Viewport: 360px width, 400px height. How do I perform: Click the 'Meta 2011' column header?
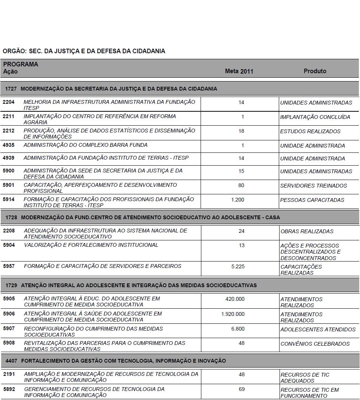(x=239, y=71)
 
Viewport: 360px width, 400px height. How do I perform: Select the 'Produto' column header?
(x=315, y=71)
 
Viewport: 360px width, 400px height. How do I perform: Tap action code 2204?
(x=8, y=102)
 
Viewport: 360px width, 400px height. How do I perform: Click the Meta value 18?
(x=241, y=131)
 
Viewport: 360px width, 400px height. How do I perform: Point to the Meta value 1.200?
(x=238, y=200)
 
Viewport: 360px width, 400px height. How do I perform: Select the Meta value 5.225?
(x=238, y=266)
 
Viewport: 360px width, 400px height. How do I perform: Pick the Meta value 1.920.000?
(x=233, y=314)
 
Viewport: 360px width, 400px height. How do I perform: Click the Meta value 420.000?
(x=235, y=299)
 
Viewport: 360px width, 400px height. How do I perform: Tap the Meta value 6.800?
(x=238, y=329)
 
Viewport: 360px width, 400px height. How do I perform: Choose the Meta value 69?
(x=242, y=389)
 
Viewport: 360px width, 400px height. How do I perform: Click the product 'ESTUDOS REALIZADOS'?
(x=310, y=131)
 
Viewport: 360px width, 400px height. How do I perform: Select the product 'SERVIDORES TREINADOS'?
(x=314, y=186)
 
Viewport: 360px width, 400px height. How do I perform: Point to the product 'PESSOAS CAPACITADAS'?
(x=312, y=200)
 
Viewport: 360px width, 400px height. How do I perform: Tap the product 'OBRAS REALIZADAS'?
(x=307, y=231)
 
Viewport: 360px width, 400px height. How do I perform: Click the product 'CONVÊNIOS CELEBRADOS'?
(x=315, y=344)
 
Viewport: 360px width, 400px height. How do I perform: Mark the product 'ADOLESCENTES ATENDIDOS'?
(x=318, y=329)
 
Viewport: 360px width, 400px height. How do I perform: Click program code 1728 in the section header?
(x=11, y=218)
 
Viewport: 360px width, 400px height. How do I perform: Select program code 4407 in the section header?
(x=11, y=361)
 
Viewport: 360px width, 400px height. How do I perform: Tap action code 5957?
(x=9, y=266)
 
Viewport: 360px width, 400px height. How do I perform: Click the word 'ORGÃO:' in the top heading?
(x=14, y=51)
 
